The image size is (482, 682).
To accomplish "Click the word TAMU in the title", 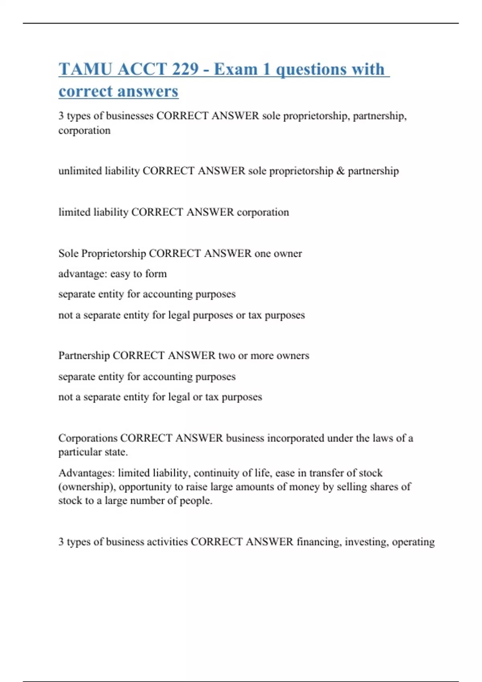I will pos(85,69).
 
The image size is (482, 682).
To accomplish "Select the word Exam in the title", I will pos(235,69).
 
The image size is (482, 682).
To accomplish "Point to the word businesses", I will pos(129,116).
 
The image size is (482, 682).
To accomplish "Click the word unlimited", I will pos(80,171).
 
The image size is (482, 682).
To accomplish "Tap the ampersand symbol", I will pos(341,171).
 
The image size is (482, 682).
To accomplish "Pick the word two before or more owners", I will pos(227,356).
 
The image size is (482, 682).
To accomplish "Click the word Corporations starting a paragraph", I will pos(88,438).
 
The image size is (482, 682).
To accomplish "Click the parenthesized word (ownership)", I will pos(87,487).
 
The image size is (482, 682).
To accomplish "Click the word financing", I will pos(319,542).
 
